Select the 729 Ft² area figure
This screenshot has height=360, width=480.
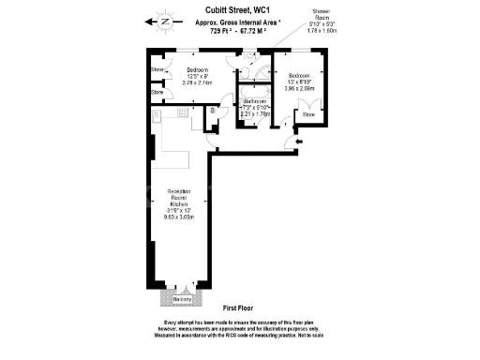(x=211, y=30)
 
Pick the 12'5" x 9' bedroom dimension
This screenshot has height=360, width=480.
(x=198, y=77)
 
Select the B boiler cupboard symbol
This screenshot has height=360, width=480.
(x=213, y=112)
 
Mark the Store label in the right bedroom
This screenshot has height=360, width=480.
(x=309, y=114)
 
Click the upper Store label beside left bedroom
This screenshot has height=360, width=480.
(x=157, y=69)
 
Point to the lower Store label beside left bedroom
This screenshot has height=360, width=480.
(x=157, y=92)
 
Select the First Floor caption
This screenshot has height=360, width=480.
(x=240, y=307)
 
